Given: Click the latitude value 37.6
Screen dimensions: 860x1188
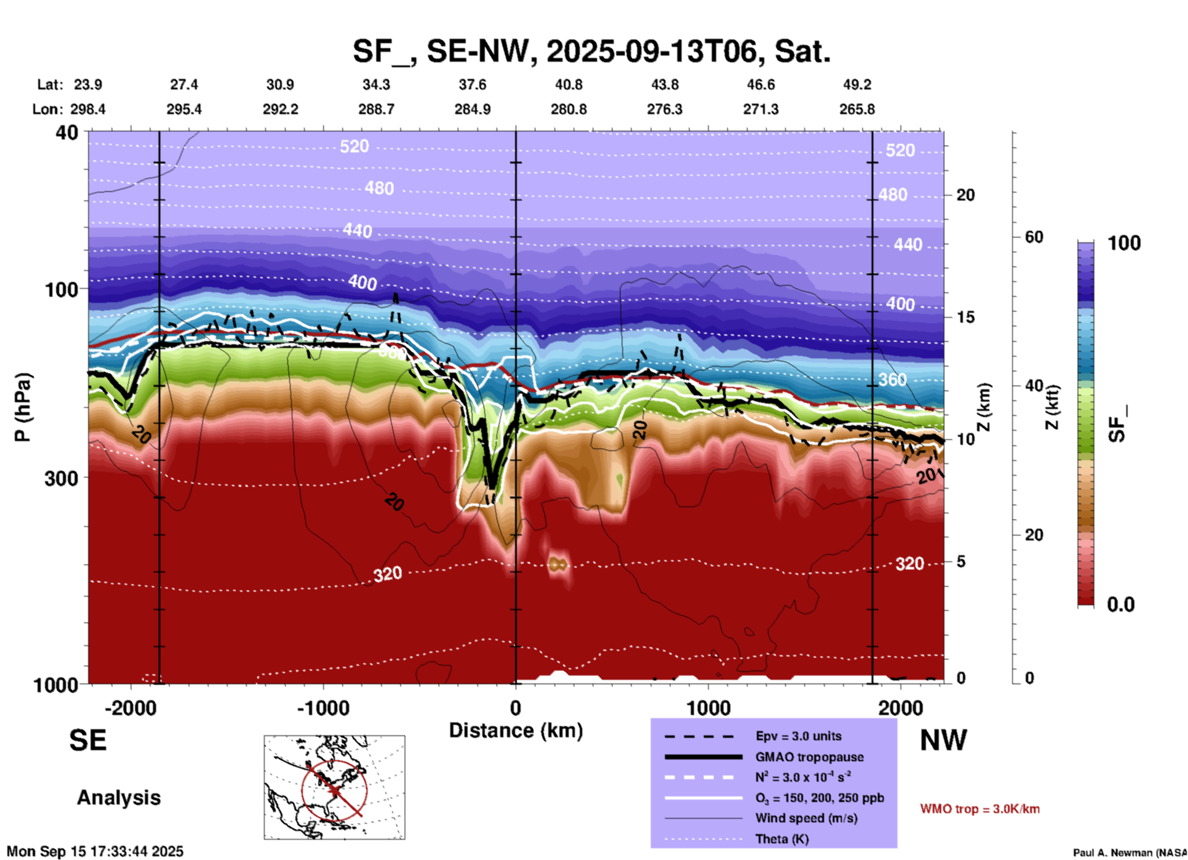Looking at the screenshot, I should pyautogui.click(x=472, y=85).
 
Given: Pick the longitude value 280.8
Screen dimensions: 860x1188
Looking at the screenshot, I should pyautogui.click(x=568, y=109).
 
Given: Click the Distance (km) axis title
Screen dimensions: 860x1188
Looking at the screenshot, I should pyautogui.click(x=516, y=730).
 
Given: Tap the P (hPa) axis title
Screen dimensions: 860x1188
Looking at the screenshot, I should pyautogui.click(x=22, y=407).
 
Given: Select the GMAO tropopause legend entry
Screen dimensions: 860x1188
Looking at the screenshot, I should pyautogui.click(x=809, y=757).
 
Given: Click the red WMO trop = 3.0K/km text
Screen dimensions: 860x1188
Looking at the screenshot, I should pyautogui.click(x=980, y=809).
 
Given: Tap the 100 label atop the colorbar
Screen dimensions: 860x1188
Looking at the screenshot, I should pyautogui.click(x=1124, y=243).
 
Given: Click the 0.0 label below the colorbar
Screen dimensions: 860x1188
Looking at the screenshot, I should pyautogui.click(x=1121, y=605).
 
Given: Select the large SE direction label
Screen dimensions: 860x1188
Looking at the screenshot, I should pyautogui.click(x=88, y=740).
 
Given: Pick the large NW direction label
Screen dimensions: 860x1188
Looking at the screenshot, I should pyautogui.click(x=943, y=740).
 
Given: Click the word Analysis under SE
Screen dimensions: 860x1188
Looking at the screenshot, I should pyautogui.click(x=118, y=798).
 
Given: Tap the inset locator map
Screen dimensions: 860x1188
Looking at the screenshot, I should pyautogui.click(x=334, y=787).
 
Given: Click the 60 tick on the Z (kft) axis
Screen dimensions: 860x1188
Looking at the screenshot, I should pyautogui.click(x=1034, y=237).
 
